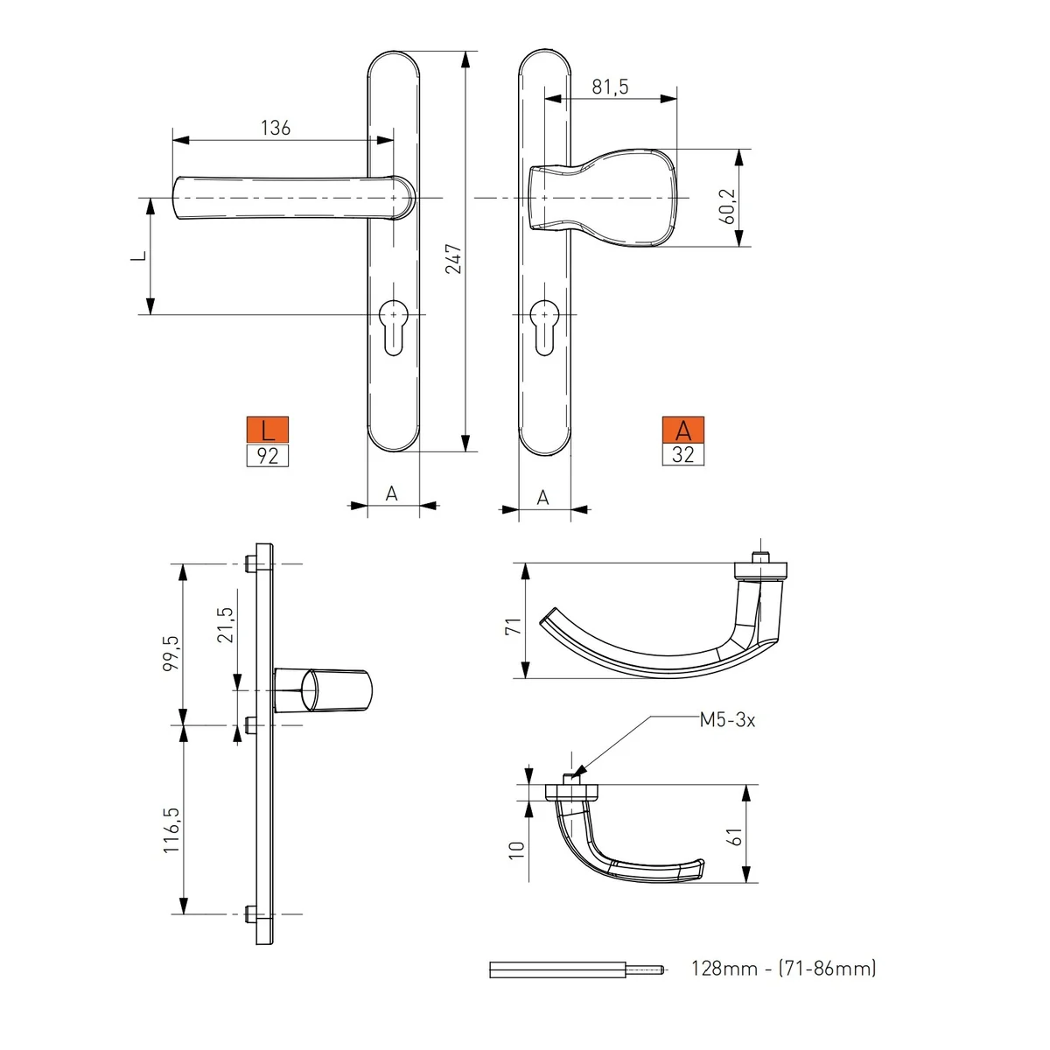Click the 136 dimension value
[275, 128]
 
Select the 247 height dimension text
[453, 258]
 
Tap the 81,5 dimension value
[610, 87]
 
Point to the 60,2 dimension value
[728, 206]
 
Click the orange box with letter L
[268, 430]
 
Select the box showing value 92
[268, 455]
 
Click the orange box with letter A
[682, 430]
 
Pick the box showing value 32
[682, 454]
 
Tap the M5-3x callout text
[727, 720]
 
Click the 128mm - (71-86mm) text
[783, 968]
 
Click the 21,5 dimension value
[225, 625]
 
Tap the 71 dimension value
[513, 625]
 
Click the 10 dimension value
[516, 848]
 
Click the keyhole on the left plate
[394, 326]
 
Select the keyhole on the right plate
[545, 326]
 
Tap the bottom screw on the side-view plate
[251, 914]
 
